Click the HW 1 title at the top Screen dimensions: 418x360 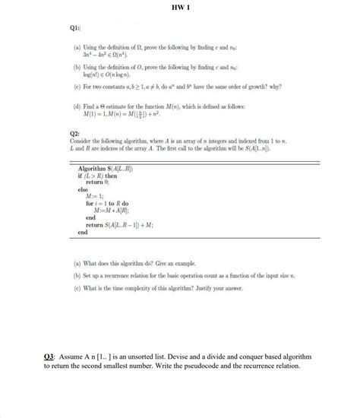(180, 8)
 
